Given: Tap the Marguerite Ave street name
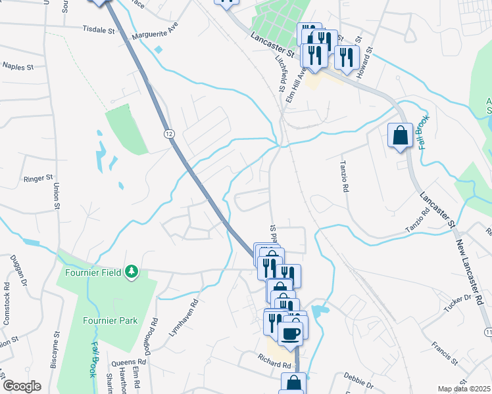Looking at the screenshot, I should coord(155,31).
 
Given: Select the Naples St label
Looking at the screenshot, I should coord(18,66).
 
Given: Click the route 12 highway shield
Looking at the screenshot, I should coord(170,133).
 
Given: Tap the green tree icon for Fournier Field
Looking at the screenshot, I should coord(132,271).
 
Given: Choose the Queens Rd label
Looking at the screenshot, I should coord(129,362).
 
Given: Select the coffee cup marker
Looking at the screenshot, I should coord(290,334).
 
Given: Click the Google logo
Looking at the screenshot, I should coord(21,386).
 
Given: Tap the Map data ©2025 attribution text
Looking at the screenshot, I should coord(464,389).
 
